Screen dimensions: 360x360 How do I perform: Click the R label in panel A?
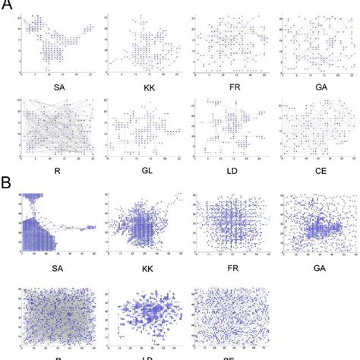click(x=58, y=172)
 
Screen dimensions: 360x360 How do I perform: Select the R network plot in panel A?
click(x=58, y=129)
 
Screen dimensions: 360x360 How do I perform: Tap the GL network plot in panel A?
click(x=144, y=129)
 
